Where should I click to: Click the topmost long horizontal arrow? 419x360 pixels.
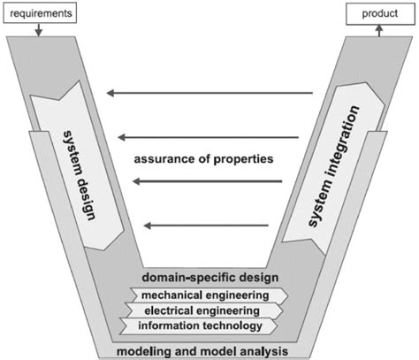(209, 92)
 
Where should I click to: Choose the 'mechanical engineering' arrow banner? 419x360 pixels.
(209, 295)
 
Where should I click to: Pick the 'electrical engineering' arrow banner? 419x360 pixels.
(209, 310)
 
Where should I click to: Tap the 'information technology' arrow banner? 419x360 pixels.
(209, 326)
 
